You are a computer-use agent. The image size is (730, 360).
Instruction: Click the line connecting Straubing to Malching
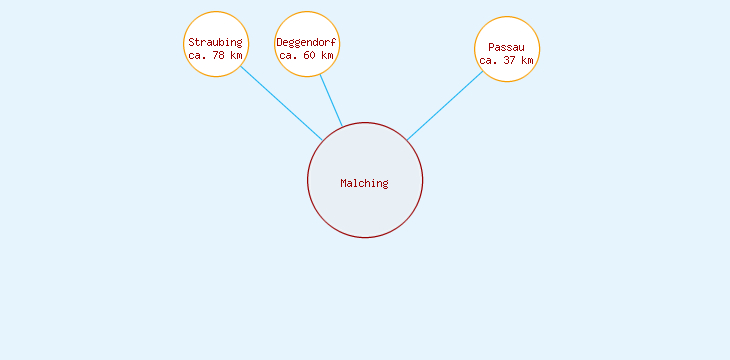281,103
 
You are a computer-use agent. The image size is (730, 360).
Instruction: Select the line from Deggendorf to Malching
331,101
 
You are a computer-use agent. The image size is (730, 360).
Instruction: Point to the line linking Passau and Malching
445,105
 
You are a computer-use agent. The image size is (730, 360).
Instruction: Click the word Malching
364,183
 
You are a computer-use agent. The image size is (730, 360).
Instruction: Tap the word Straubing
215,42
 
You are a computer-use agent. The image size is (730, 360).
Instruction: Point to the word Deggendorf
306,42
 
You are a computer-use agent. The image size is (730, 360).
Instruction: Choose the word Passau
506,47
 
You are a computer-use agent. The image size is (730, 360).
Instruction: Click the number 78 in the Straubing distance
217,55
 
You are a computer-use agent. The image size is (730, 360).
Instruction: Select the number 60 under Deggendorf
308,55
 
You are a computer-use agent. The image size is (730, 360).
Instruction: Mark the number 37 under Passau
509,60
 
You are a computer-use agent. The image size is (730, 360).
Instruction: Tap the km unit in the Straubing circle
235,55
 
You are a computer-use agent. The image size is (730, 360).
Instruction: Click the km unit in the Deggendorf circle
326,55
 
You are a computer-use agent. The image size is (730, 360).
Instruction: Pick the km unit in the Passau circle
527,60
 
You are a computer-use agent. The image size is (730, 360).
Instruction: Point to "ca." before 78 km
197,55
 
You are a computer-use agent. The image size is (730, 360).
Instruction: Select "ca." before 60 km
288,55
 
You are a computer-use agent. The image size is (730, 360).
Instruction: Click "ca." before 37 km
488,60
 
